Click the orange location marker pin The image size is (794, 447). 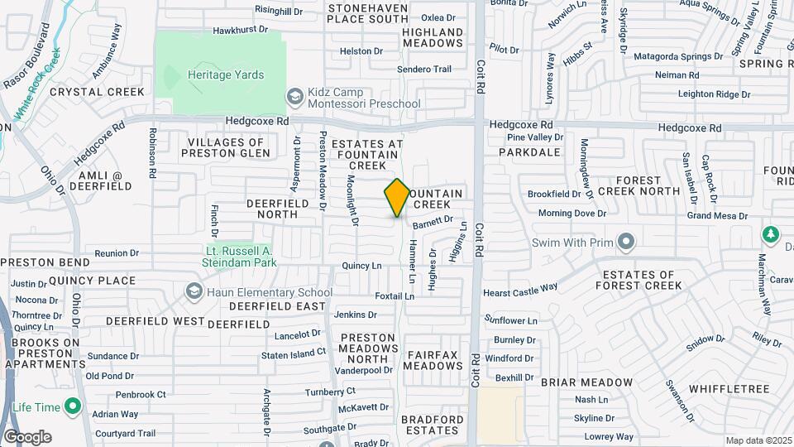click(x=397, y=198)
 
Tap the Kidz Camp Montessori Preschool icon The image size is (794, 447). click(x=294, y=98)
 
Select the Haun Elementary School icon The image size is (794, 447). click(x=194, y=292)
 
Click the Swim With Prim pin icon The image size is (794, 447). click(x=626, y=242)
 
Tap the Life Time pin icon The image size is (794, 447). click(x=72, y=407)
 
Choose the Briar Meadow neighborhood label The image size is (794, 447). click(x=587, y=383)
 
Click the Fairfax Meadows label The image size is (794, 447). click(x=434, y=360)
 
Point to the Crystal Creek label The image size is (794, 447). click(x=97, y=92)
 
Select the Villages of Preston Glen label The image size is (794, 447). click(x=225, y=147)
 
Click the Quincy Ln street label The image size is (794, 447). click(x=362, y=266)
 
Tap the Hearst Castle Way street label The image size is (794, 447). click(x=520, y=291)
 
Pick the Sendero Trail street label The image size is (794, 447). click(x=424, y=70)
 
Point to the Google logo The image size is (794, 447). click(x=26, y=437)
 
